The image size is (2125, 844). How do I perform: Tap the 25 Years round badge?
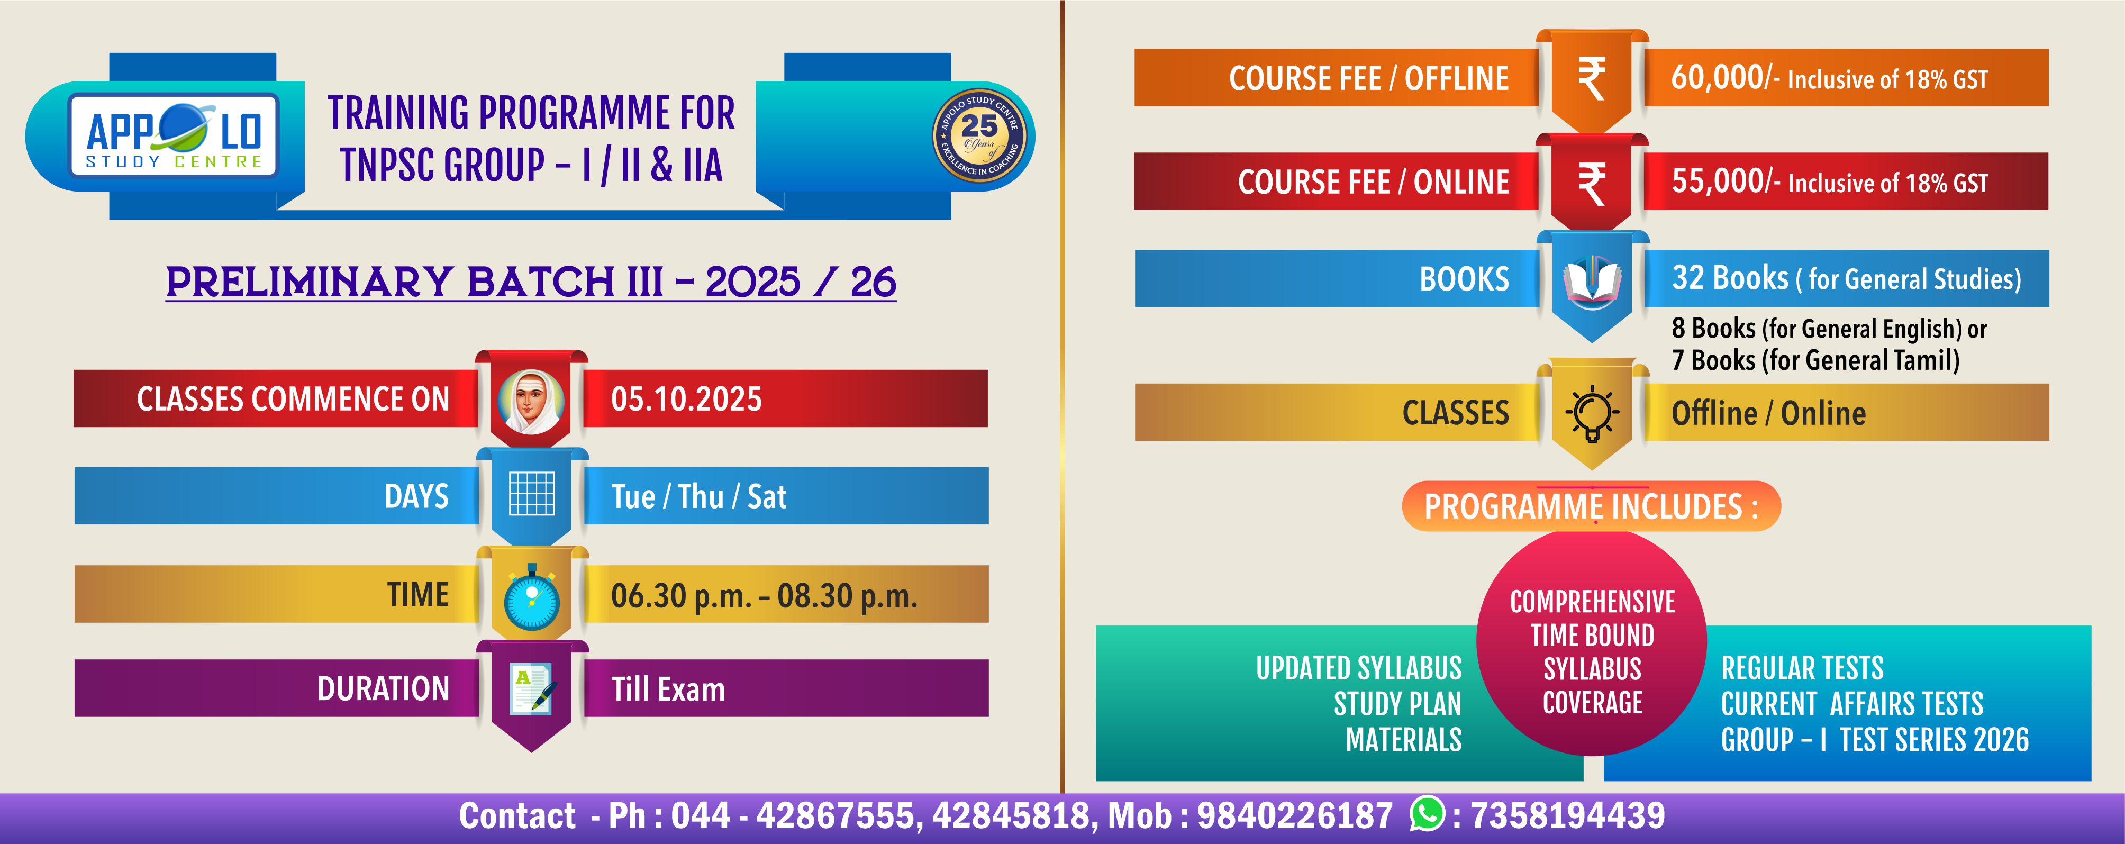click(979, 136)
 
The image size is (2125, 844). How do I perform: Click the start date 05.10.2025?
click(686, 400)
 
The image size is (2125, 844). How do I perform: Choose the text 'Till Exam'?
click(668, 689)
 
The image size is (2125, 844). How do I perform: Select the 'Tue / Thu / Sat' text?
click(698, 497)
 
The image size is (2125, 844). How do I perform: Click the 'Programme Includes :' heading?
click(1591, 506)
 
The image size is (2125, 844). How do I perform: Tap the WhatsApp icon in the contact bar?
click(1428, 814)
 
